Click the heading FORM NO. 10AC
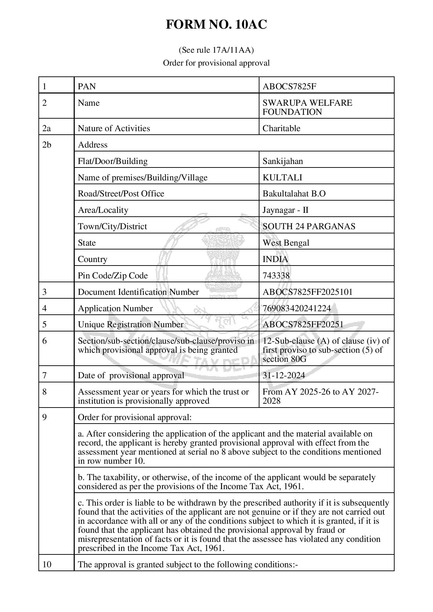click(216, 25)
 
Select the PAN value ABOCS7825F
click(289, 86)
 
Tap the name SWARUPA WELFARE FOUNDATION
click(307, 107)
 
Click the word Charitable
click(281, 128)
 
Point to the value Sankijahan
click(282, 161)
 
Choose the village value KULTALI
click(282, 178)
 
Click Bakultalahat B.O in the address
click(294, 194)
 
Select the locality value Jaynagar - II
click(285, 210)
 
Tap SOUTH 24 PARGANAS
click(309, 226)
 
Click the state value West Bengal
click(286, 243)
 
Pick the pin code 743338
click(276, 276)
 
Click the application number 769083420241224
click(296, 308)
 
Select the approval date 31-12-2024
click(284, 375)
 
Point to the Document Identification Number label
click(138, 292)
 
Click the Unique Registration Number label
click(130, 324)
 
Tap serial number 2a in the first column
click(46, 128)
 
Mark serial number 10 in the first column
click(46, 565)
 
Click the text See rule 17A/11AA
click(216, 50)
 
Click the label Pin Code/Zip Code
click(112, 276)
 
